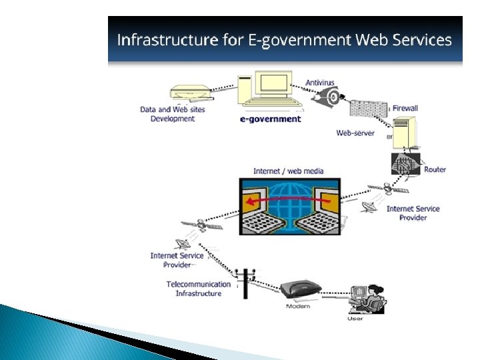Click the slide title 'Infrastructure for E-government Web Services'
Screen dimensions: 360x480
point(284,40)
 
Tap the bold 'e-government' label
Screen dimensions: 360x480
point(271,119)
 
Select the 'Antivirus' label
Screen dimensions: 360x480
point(320,83)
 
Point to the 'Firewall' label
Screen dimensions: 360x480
point(405,108)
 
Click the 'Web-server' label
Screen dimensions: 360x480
point(355,133)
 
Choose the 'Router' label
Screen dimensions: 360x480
point(435,169)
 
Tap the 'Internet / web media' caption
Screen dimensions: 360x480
point(288,171)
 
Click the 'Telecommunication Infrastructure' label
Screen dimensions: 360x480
point(199,289)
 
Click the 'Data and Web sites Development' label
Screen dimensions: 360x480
point(173,114)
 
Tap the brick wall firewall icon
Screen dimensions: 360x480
point(369,109)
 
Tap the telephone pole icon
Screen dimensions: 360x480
point(246,282)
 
